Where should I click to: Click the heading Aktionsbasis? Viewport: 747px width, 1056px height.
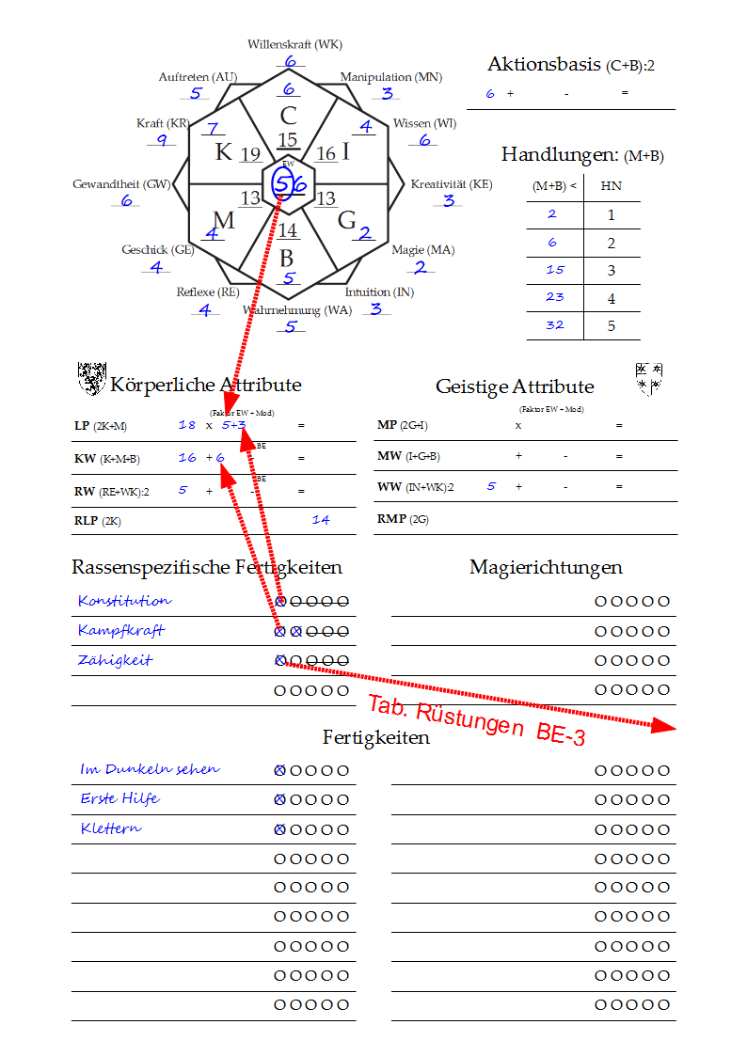pos(544,65)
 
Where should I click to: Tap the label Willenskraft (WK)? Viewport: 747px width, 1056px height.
pos(294,44)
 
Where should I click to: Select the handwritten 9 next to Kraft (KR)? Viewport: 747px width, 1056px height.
pos(162,141)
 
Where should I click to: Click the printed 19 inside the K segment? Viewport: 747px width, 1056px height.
pos(250,155)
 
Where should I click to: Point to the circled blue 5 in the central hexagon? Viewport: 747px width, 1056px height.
pos(281,183)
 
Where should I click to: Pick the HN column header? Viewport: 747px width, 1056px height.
pos(611,186)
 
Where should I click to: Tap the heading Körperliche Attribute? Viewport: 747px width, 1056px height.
pos(205,385)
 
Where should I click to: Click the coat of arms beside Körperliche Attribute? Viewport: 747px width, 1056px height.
pos(90,378)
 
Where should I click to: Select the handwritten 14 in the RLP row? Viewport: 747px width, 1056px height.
pos(321,519)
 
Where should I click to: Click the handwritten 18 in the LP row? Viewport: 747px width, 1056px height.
pos(187,425)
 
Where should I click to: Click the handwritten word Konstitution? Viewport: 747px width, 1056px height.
pos(125,600)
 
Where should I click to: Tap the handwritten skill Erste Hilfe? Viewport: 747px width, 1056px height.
pos(119,798)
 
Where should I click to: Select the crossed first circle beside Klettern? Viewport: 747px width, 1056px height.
pos(279,829)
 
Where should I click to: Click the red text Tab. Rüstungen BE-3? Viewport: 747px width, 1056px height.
pos(476,720)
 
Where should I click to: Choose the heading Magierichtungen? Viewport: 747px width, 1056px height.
pos(546,567)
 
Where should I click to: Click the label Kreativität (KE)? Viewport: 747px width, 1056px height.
pos(451,184)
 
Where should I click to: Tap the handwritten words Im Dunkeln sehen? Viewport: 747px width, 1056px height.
pos(150,769)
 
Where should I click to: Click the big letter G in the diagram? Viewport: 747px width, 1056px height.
pos(346,220)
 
